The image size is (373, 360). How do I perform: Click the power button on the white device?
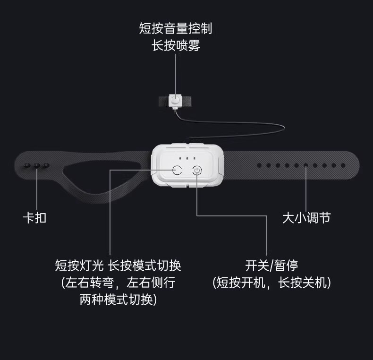click(197, 170)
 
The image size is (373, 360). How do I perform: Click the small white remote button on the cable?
click(176, 100)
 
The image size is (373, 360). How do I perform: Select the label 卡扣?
click(34, 218)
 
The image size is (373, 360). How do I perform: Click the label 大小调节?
click(306, 218)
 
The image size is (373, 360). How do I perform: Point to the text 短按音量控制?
click(176, 29)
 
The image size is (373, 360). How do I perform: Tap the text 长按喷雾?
click(176, 46)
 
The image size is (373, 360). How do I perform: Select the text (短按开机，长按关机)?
click(271, 283)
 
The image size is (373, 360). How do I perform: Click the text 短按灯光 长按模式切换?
click(118, 265)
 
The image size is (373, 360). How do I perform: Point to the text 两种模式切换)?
click(118, 300)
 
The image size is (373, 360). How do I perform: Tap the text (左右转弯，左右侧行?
click(118, 283)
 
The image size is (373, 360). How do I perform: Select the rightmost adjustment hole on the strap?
click(343, 165)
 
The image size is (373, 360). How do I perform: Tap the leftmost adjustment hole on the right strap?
click(260, 165)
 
